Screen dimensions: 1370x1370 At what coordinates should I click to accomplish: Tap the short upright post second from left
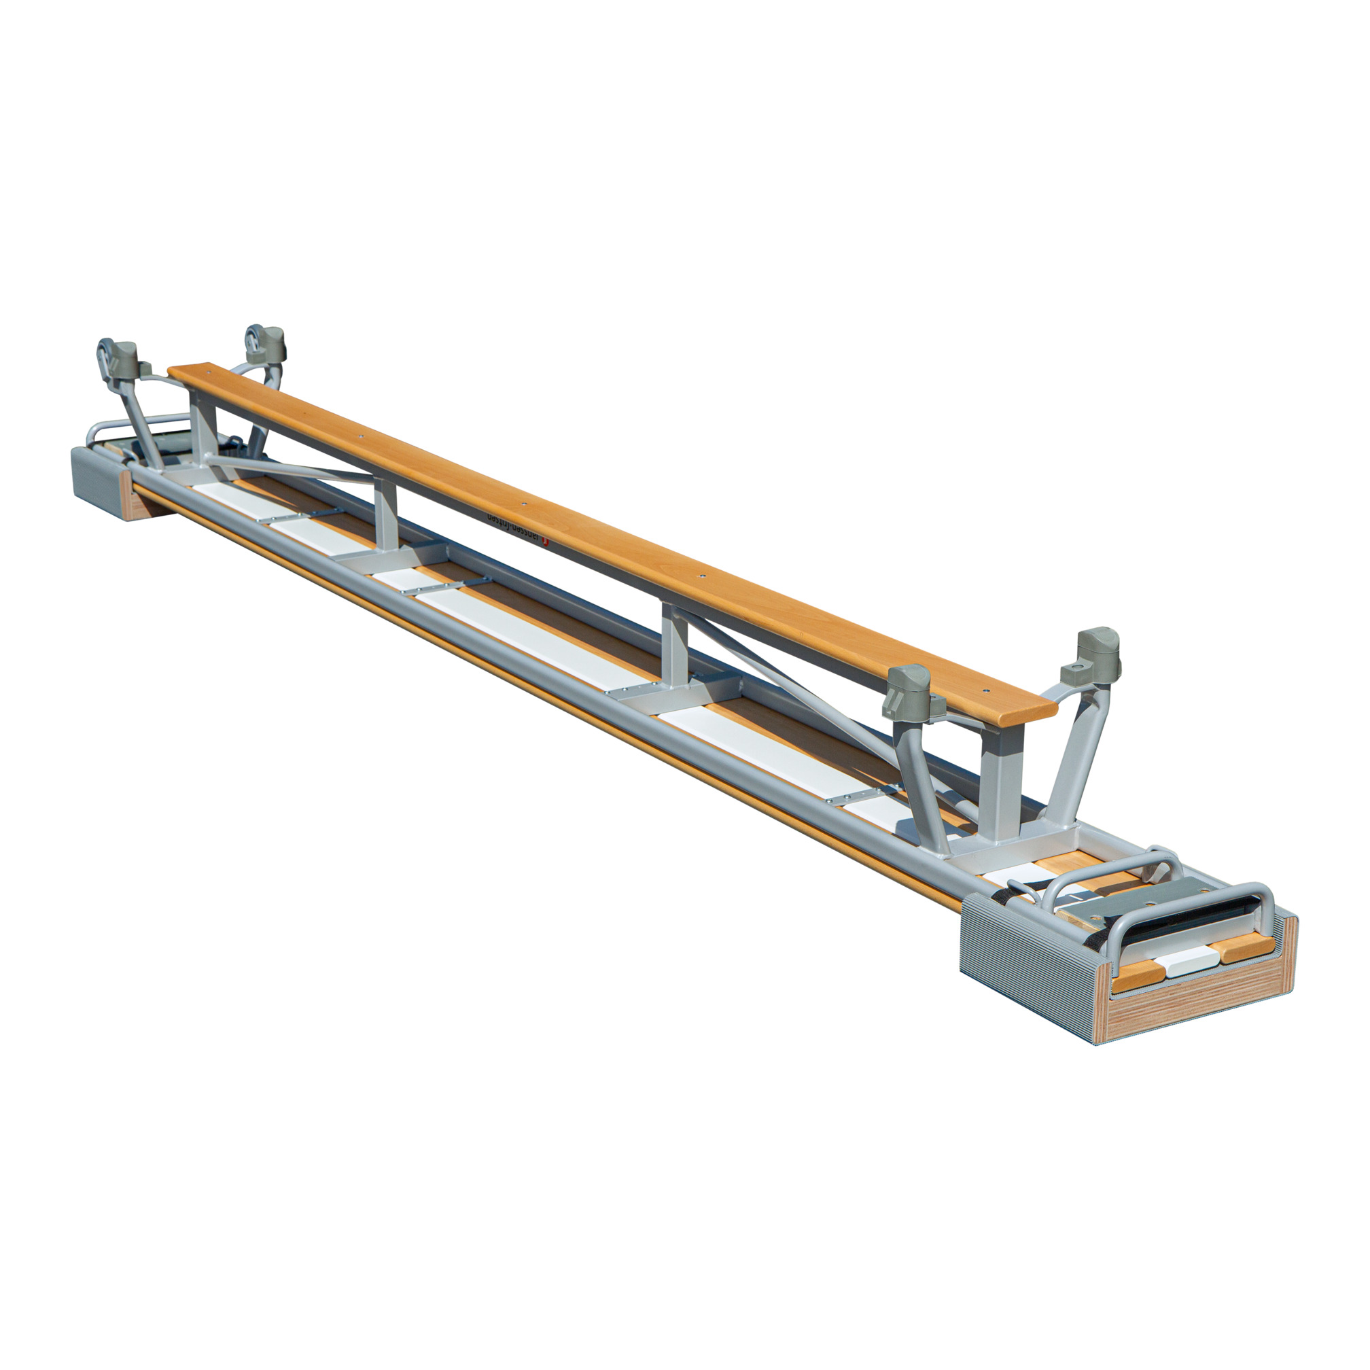point(387,518)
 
